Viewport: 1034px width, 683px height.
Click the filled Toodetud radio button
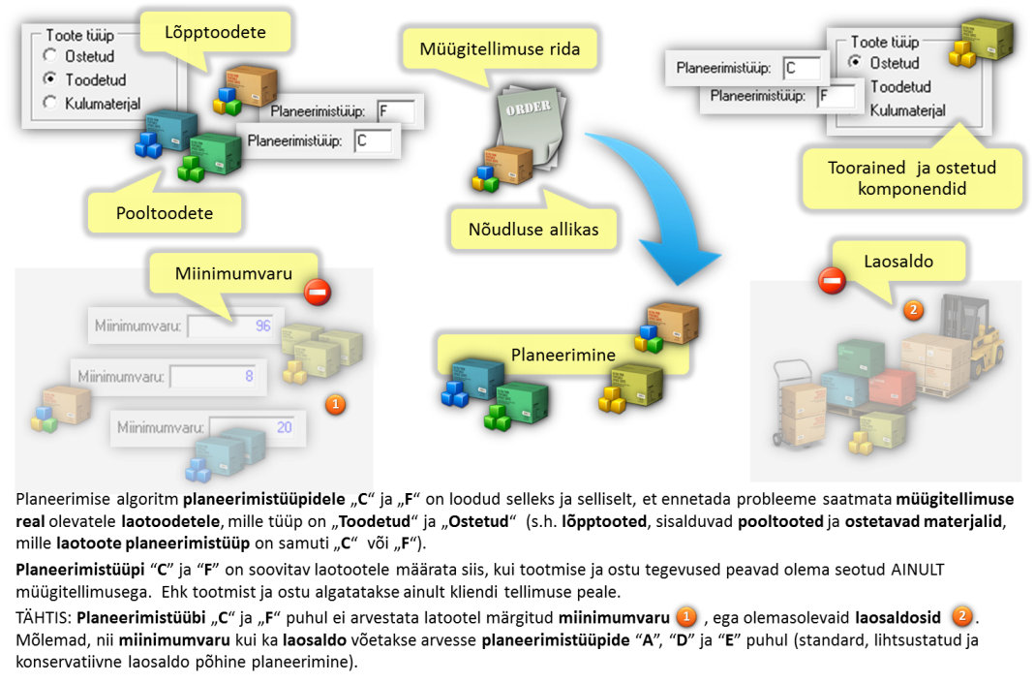pyautogui.click(x=49, y=79)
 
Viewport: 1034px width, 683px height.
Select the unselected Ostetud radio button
pyautogui.click(x=49, y=56)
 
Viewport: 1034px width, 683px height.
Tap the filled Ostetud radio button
pyautogui.click(x=854, y=62)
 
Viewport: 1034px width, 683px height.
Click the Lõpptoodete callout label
pyautogui.click(x=216, y=33)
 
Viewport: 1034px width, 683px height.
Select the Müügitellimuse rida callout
pyautogui.click(x=500, y=47)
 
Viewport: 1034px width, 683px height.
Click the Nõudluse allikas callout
pyautogui.click(x=533, y=229)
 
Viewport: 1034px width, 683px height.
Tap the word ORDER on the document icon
pyautogui.click(x=528, y=108)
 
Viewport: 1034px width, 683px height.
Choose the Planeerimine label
pyautogui.click(x=563, y=355)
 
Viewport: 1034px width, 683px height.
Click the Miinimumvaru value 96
pyautogui.click(x=262, y=326)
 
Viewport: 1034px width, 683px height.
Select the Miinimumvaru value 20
pyautogui.click(x=284, y=426)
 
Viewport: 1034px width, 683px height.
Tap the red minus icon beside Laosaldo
pyautogui.click(x=832, y=281)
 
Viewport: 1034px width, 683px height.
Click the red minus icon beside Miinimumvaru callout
pyautogui.click(x=317, y=292)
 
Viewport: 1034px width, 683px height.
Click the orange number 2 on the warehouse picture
pyautogui.click(x=912, y=310)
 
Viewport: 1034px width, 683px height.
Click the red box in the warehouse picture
pyautogui.click(x=892, y=386)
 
